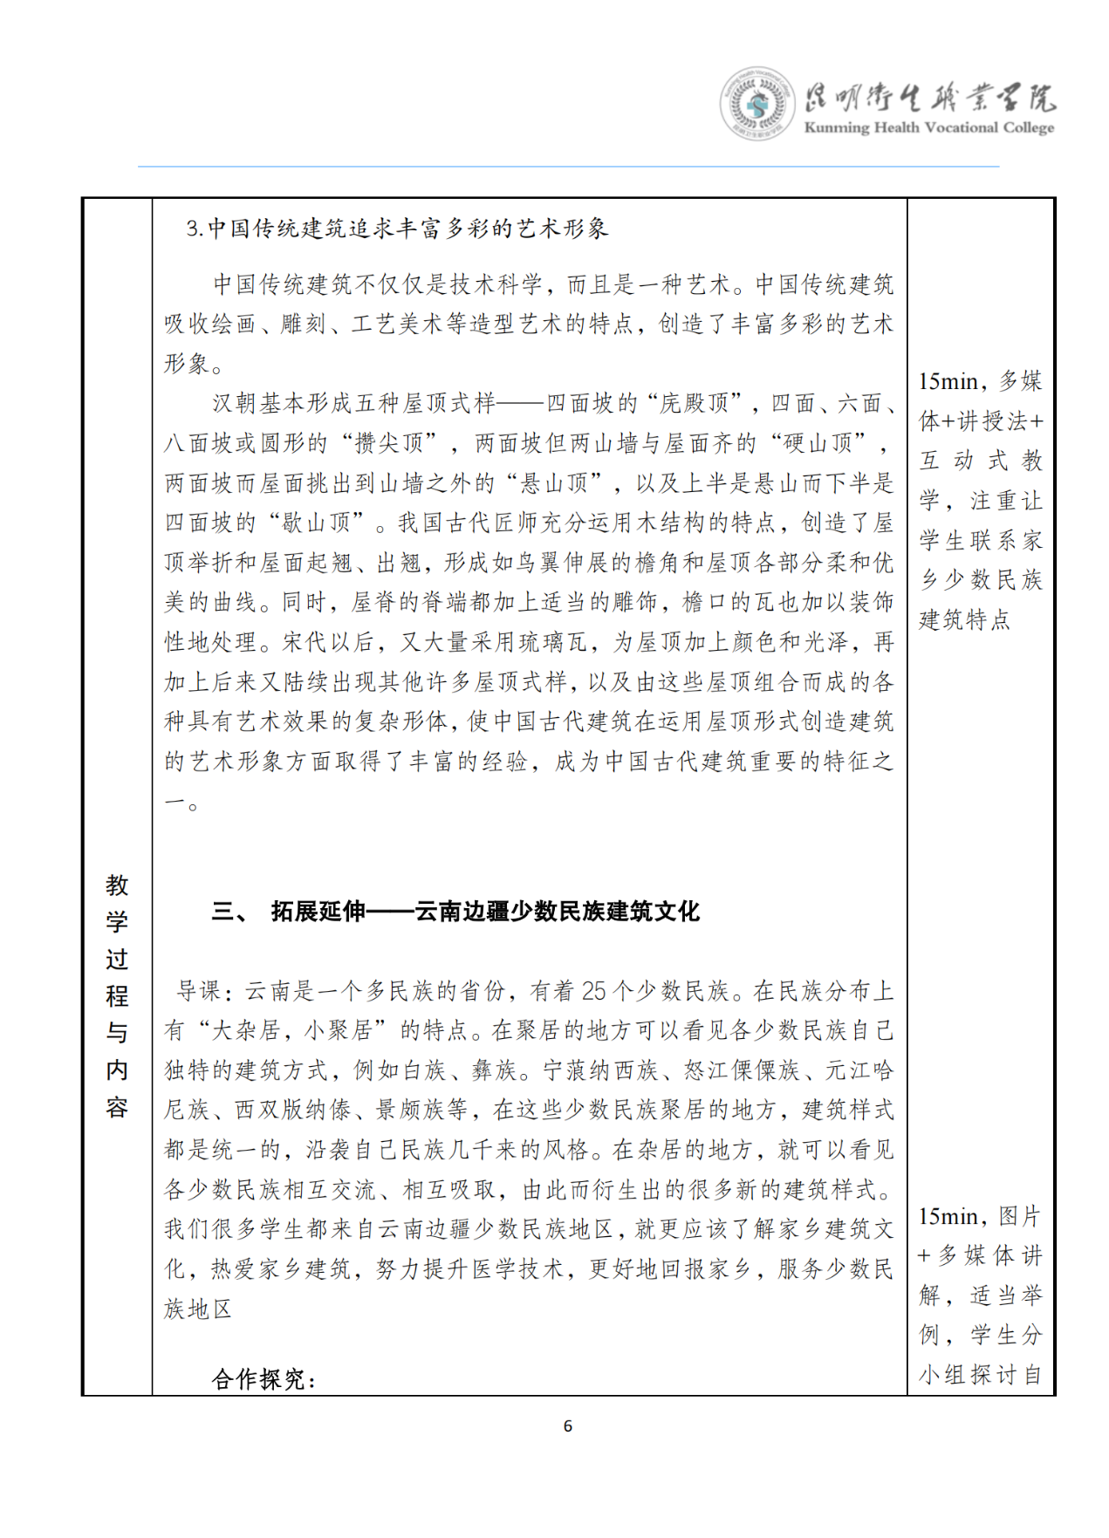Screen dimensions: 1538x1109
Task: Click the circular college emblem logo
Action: (756, 103)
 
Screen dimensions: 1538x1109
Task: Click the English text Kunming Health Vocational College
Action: (928, 127)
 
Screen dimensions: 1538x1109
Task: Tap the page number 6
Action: (568, 1425)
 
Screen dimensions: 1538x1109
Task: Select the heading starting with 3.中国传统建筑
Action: (397, 229)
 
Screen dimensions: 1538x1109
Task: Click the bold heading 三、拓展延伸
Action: (455, 912)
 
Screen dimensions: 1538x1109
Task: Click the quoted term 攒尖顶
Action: (388, 443)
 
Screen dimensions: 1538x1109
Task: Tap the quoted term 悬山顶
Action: (553, 482)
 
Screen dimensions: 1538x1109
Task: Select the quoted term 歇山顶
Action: (315, 523)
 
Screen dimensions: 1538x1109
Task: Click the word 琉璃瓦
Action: (553, 642)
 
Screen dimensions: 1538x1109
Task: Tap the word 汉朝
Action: (235, 403)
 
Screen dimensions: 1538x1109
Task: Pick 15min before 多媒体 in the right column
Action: (948, 381)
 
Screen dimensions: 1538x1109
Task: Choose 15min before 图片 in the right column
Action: (948, 1216)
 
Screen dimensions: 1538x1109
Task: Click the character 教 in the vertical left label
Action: (117, 885)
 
